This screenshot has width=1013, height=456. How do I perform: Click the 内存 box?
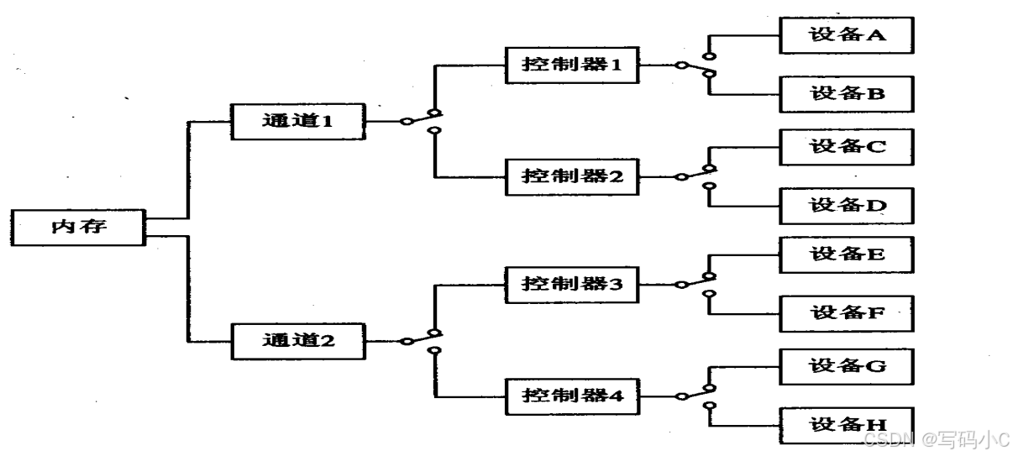point(80,227)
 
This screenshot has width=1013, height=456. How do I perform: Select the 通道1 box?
point(298,121)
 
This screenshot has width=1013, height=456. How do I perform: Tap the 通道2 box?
point(298,341)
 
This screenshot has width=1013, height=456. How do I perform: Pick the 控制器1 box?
point(571,65)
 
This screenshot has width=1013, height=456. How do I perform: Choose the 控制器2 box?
point(571,176)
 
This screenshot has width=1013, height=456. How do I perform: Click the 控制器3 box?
point(571,284)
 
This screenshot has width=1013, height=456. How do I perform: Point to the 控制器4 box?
point(571,394)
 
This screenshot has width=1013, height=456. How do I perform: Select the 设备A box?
point(847,36)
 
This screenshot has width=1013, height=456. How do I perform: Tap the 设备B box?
point(847,93)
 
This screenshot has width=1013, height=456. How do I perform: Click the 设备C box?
point(847,146)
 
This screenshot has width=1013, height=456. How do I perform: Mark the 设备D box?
point(847,204)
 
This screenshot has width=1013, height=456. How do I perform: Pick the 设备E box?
point(847,254)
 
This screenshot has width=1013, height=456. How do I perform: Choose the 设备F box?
point(847,312)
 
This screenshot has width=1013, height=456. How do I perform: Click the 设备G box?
point(847,366)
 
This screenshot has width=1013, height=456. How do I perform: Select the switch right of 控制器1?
point(697,65)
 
